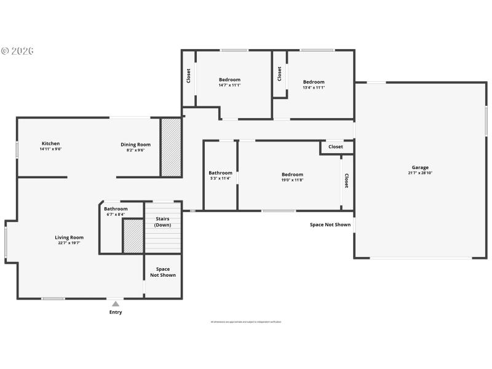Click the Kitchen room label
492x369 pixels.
click(50, 144)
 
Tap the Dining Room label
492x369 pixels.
click(135, 145)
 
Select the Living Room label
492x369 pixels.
click(69, 237)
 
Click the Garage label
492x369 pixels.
click(420, 167)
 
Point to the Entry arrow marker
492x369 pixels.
click(115, 303)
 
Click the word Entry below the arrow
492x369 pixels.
click(116, 312)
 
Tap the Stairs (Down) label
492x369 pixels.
click(163, 221)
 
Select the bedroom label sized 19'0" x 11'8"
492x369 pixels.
click(292, 175)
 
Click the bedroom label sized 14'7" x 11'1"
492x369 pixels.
click(229, 80)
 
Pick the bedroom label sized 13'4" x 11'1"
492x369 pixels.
click(314, 82)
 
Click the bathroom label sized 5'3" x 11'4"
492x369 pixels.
click(220, 173)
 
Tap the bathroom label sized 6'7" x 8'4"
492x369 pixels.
click(116, 209)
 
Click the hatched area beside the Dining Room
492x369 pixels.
click(171, 147)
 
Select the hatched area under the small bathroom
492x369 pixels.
click(133, 235)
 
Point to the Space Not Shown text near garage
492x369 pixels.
click(330, 224)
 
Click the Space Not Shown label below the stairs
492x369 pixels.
click(163, 272)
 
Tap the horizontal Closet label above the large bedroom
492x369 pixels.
click(336, 147)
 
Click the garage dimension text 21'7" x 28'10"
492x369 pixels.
click(420, 173)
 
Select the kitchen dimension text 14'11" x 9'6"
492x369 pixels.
click(50, 149)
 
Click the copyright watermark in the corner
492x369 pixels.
click(17, 50)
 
